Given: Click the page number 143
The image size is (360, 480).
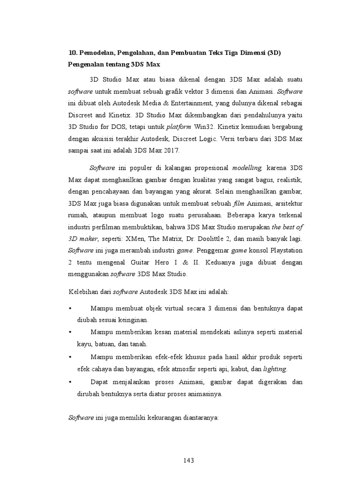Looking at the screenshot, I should pos(188,460).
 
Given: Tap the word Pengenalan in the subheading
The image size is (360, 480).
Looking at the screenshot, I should pos(86,65).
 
